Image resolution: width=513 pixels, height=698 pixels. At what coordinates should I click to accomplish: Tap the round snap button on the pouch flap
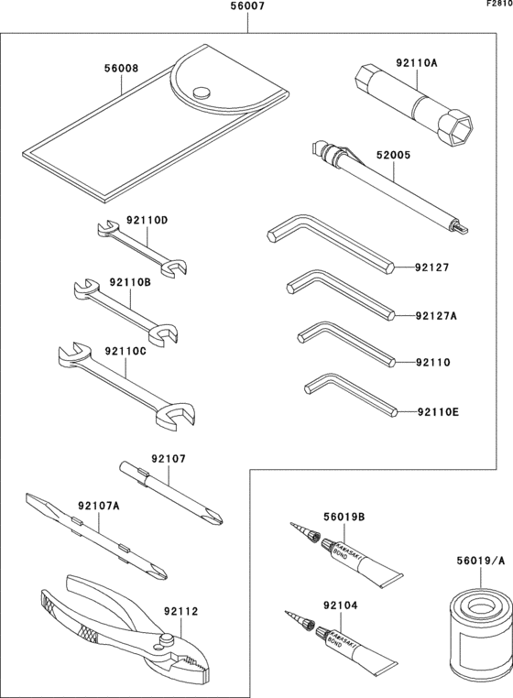pos(202,91)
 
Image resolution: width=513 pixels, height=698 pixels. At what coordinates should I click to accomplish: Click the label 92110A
pos(416,63)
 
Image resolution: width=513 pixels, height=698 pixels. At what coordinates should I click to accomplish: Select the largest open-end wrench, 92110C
pos(119,381)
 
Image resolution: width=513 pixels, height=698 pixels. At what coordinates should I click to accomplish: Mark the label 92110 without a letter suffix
pos(431,362)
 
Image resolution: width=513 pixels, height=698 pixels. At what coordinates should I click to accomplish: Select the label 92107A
pos(98,505)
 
